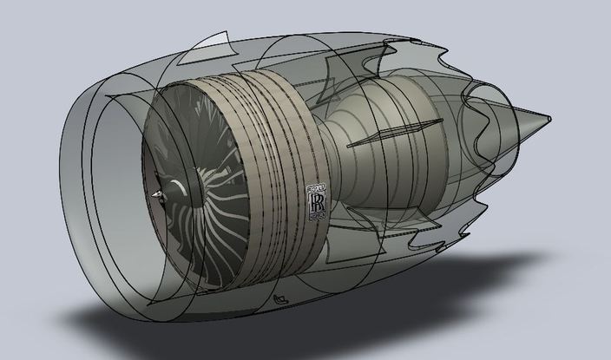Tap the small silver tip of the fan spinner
(x=156, y=195)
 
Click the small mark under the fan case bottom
(x=280, y=299)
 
